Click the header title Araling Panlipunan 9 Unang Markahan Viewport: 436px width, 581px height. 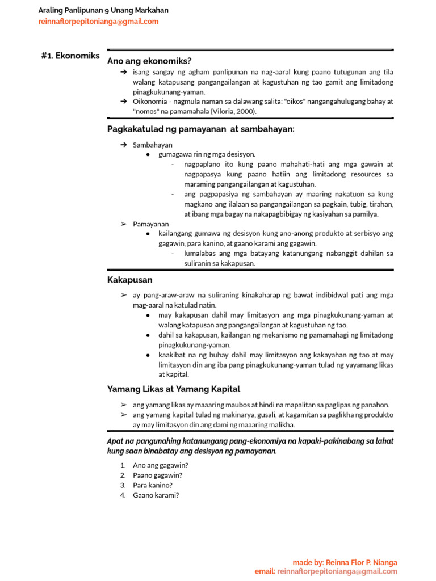coord(103,10)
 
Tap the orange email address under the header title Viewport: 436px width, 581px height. coord(98,22)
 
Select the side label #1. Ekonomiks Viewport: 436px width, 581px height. coord(70,56)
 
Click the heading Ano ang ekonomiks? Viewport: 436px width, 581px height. coord(149,61)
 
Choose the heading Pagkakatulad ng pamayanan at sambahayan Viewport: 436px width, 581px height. coord(201,129)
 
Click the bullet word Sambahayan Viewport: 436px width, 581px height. coord(153,145)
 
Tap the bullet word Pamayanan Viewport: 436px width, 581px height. coord(151,224)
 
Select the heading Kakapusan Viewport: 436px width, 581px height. coord(129,280)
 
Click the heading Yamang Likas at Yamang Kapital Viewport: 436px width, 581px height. coord(174,389)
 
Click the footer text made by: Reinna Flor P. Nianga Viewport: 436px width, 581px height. coord(345,562)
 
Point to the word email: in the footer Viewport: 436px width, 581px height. coord(265,571)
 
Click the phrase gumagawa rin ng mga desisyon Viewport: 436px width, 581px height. coord(207,154)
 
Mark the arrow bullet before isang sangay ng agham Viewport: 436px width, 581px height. coord(124,73)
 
